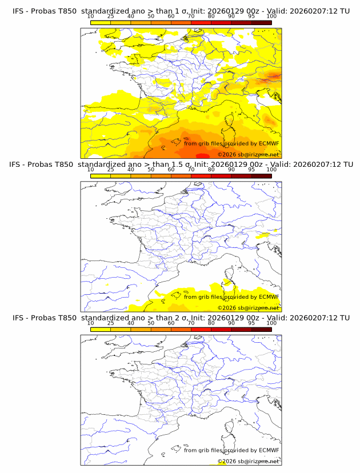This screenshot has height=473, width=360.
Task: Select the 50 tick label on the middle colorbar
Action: tap(151, 170)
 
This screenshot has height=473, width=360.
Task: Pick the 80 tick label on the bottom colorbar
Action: tap(211, 323)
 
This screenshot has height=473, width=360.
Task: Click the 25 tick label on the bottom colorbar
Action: tap(110, 323)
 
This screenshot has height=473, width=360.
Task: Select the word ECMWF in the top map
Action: tap(269, 143)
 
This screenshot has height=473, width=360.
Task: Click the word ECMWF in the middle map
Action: tap(269, 296)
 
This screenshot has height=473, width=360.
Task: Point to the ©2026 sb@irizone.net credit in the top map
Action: tap(248, 154)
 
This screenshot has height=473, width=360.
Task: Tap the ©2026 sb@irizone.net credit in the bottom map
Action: tap(248, 461)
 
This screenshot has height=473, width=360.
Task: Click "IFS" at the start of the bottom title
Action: tap(19, 318)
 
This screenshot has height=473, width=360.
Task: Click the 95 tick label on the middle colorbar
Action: tap(251, 170)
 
